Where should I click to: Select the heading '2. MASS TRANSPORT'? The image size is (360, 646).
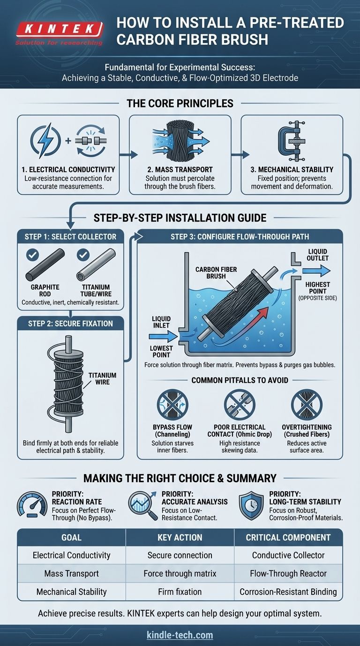coord(180,169)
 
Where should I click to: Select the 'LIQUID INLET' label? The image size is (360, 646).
coord(161,323)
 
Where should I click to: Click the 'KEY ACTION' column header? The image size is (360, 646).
coord(180,538)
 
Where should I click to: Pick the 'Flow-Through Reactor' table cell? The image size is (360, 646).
coord(288,573)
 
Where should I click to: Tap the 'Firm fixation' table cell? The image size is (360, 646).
coord(180,592)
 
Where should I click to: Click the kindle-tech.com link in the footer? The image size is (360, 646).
coord(180,635)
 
